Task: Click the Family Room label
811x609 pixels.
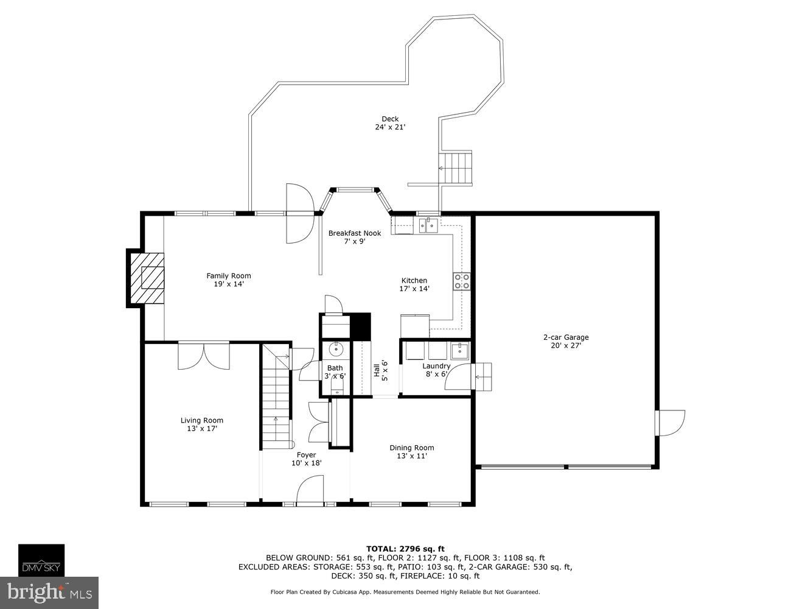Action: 228,276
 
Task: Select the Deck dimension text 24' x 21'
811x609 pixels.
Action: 390,127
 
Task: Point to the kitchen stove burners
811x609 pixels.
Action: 461,281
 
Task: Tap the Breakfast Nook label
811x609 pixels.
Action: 355,233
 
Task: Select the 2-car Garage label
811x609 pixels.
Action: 566,337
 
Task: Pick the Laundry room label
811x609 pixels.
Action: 436,366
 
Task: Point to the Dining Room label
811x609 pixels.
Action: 412,448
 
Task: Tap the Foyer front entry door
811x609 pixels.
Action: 311,490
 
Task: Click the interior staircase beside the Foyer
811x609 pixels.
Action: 276,396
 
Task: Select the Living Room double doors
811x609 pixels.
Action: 204,356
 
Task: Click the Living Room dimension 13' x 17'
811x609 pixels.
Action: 202,429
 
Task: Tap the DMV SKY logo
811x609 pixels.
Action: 41,560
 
